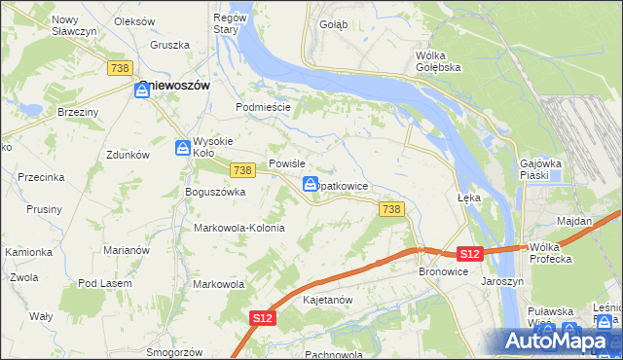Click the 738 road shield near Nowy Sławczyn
tap(121, 67)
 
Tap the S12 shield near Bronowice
tap(470, 254)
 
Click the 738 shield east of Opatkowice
tap(391, 209)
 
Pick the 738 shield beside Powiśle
tap(243, 170)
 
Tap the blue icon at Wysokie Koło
tap(182, 148)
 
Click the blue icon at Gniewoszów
tap(142, 90)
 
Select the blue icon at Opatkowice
tap(311, 185)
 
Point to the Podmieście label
tap(264, 107)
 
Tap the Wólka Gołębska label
tap(437, 61)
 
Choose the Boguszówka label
tap(215, 193)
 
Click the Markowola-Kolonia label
tap(239, 228)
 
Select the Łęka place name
tap(469, 196)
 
